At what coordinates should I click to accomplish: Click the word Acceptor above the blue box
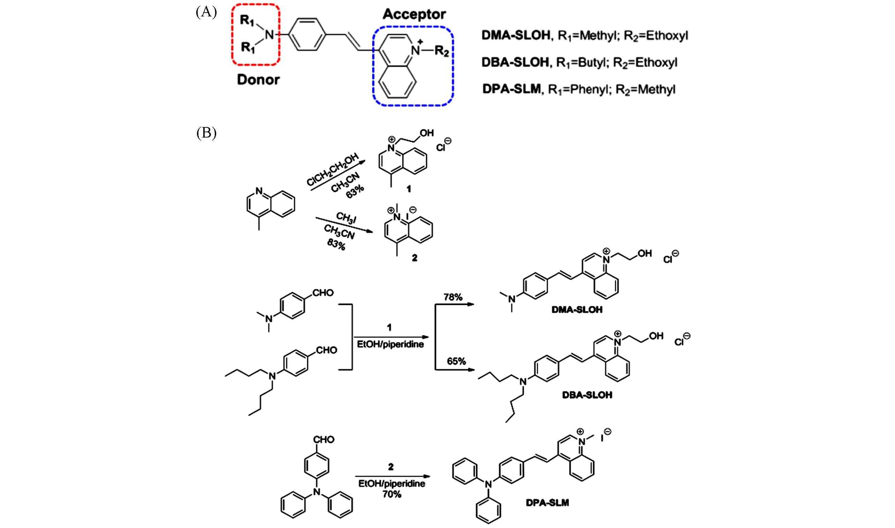414,15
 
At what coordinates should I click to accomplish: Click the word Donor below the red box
258,80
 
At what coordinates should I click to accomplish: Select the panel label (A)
206,13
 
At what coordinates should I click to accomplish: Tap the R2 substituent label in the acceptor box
442,52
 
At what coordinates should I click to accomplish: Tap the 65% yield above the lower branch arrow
456,361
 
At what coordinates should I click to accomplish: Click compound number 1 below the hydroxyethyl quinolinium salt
409,189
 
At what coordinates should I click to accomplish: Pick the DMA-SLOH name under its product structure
577,310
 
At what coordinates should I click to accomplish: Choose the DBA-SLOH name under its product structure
587,395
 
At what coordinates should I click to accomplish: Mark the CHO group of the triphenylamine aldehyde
324,440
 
